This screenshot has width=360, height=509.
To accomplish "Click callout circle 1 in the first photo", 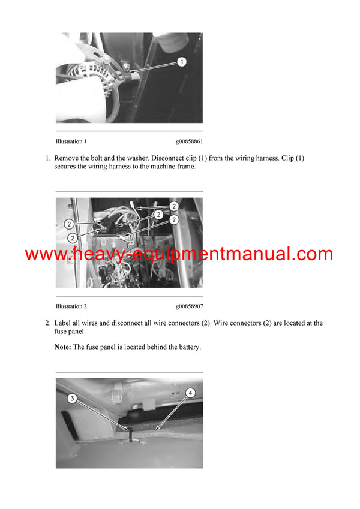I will (x=182, y=62).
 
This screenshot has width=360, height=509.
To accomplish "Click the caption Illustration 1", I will (x=71, y=141).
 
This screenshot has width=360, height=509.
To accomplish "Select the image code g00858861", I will (x=189, y=141).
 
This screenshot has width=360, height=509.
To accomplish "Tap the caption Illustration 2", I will (x=71, y=306).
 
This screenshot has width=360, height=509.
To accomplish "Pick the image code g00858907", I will (x=189, y=306).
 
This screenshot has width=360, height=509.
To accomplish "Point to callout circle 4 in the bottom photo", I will (x=190, y=393).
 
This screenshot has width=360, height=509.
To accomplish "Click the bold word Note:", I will (x=63, y=347).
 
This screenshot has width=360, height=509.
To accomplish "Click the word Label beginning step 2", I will (x=64, y=323).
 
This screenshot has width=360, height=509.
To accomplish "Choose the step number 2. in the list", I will (x=47, y=323).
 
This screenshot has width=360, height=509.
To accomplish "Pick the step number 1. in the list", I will (x=47, y=158).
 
